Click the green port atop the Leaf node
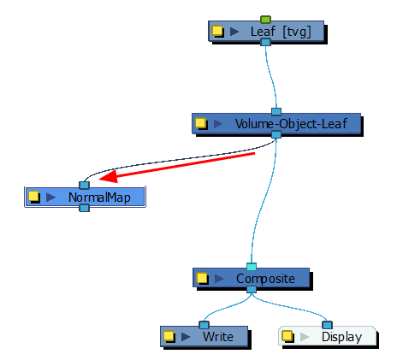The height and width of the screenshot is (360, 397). (265, 20)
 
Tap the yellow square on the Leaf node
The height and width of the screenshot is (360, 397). (216, 31)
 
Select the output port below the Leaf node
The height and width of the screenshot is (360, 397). (265, 42)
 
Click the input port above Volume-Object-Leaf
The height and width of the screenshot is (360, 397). (276, 111)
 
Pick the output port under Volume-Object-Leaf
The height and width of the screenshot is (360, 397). (276, 134)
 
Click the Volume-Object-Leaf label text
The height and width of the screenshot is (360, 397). (291, 124)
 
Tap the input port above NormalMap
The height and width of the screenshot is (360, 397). (84, 186)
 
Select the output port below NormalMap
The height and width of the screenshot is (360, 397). (84, 208)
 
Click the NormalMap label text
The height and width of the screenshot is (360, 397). (99, 198)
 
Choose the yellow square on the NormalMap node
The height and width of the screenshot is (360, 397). (33, 196)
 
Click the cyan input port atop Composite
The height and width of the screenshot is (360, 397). (252, 267)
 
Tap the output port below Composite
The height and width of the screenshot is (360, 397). (252, 290)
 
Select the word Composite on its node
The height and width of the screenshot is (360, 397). (265, 279)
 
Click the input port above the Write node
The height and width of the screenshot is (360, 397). (204, 325)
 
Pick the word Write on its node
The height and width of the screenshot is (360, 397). (218, 337)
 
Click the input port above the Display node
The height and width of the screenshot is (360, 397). (327, 325)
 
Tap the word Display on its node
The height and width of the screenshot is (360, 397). (341, 337)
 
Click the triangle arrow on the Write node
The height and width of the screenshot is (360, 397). (186, 337)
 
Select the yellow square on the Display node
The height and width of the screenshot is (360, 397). (287, 336)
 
